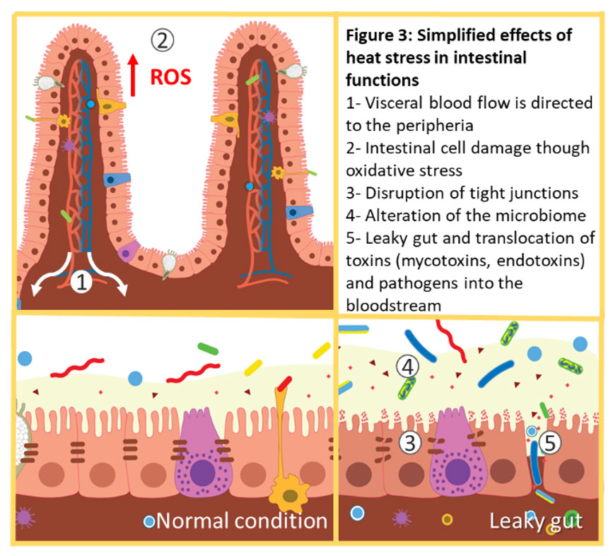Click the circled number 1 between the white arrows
tap(81, 282)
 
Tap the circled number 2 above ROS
tap(162, 40)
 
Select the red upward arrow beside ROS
tap(134, 75)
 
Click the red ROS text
tap(171, 78)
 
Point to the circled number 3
tap(409, 443)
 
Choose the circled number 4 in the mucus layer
tap(408, 367)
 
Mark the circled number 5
tap(550, 443)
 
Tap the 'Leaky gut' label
tap(536, 521)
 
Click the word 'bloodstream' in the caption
tap(393, 305)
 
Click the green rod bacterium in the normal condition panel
tap(208, 348)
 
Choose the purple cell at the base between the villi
tap(129, 252)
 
